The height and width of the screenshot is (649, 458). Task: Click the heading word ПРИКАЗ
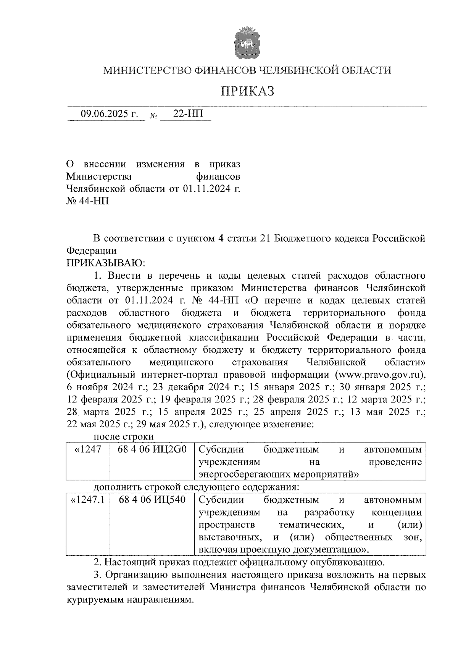coord(248,91)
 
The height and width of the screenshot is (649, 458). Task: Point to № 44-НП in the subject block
coord(88,201)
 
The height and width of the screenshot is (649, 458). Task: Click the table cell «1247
coord(89,450)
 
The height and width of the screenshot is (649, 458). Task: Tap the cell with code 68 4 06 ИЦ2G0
coord(152,450)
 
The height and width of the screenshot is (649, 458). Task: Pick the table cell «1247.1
coord(88,500)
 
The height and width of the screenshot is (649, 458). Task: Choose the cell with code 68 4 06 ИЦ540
coord(152,500)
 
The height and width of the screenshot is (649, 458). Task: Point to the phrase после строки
coord(124,437)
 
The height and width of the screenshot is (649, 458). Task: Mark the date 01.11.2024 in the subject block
coord(206,188)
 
